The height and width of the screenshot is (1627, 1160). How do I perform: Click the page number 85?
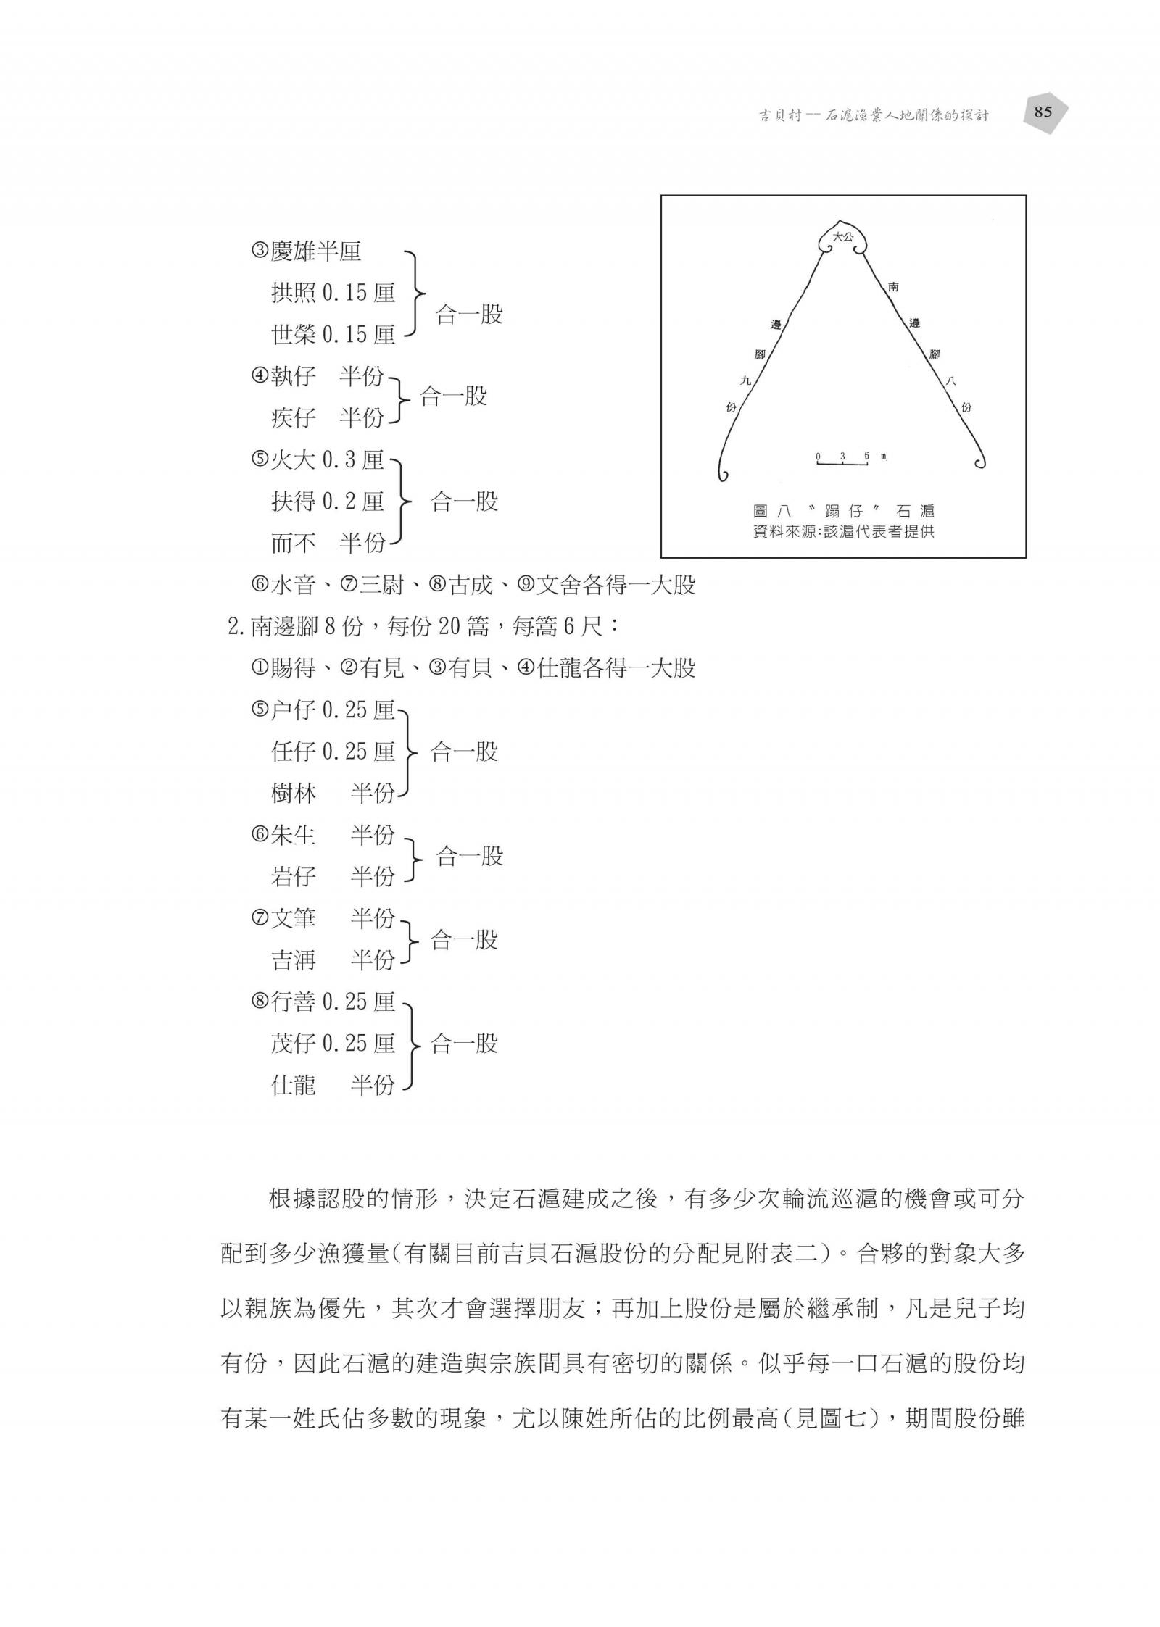1043,112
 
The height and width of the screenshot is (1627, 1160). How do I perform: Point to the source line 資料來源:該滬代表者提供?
844,531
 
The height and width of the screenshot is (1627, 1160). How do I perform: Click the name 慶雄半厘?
305,251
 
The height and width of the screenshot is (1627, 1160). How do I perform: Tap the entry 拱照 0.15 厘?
333,293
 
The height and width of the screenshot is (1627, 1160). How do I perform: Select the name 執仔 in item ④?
293,376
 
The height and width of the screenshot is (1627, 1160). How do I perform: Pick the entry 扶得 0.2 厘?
327,501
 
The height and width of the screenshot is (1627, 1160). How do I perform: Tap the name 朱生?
292,835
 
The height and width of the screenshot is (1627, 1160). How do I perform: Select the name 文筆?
292,918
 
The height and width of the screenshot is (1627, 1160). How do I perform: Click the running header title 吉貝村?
779,115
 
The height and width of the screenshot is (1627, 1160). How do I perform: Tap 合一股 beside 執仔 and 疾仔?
453,396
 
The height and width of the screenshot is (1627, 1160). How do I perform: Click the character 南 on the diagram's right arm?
893,287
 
